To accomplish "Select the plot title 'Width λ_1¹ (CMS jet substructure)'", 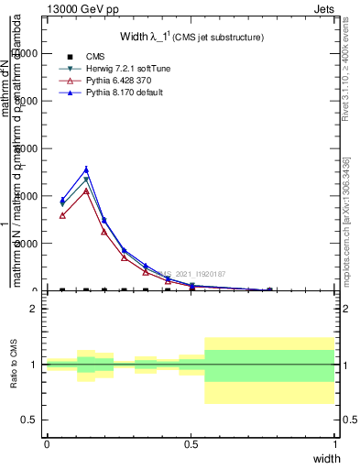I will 191,37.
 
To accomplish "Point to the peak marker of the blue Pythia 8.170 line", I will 86,169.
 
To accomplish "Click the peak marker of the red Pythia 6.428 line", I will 86,191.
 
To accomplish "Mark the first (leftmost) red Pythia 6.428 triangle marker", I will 62,215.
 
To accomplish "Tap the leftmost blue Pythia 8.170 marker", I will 62,201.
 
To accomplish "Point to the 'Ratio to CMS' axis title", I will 14,364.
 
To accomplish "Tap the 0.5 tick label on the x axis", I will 191,443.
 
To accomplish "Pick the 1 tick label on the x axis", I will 334,443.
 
